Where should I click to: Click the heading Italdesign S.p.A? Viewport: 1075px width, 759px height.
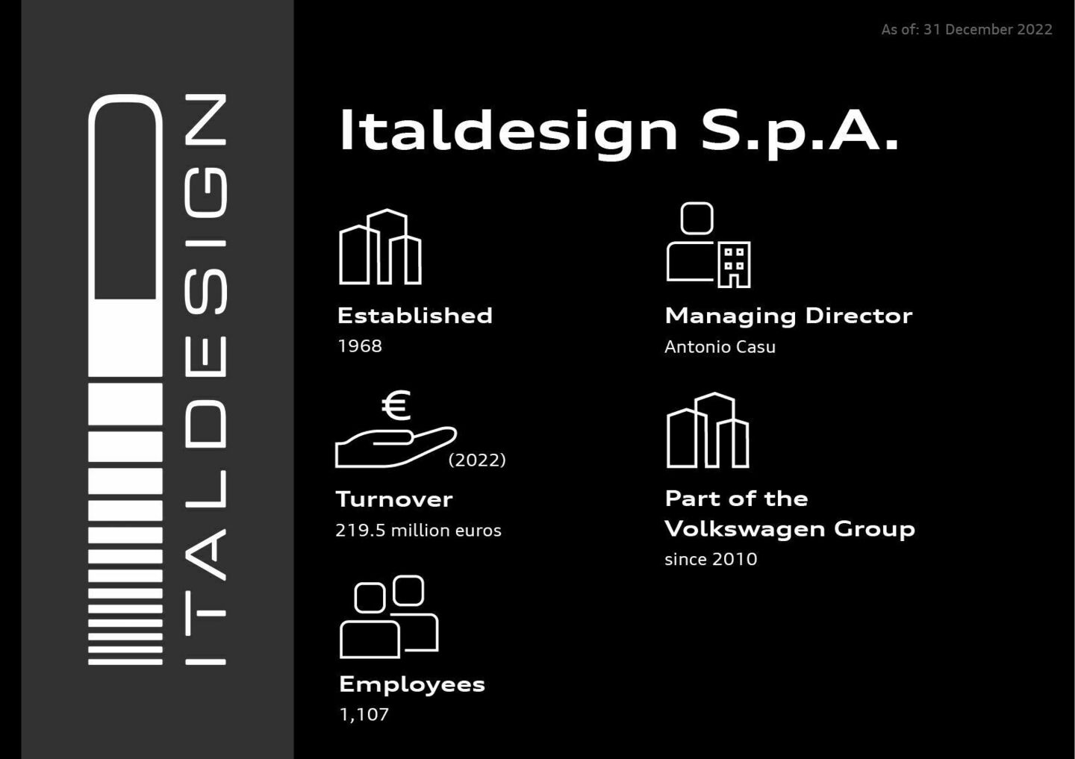pos(619,132)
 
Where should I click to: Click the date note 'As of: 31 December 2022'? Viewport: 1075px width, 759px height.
pos(966,30)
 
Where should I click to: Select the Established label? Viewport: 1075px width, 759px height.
pos(414,316)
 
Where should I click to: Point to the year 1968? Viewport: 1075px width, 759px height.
pos(359,346)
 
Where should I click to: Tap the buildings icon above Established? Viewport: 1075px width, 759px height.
pos(380,247)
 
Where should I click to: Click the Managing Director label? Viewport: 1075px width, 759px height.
pos(788,316)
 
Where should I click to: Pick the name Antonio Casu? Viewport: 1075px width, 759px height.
pos(720,347)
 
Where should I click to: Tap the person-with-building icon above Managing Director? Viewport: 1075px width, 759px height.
pos(708,246)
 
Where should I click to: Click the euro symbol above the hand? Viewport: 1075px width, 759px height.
pos(396,405)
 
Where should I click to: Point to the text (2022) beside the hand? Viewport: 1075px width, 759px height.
pos(477,460)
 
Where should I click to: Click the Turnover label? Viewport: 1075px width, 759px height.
pos(394,499)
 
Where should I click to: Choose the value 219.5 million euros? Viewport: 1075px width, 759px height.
pos(418,531)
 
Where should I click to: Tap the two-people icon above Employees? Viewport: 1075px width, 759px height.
pos(388,617)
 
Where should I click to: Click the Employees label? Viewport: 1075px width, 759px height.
pos(411,684)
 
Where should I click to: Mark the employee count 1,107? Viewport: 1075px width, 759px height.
pos(364,715)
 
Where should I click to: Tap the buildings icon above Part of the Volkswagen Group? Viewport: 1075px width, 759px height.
pos(707,431)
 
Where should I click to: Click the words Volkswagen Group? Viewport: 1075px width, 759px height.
pos(789,529)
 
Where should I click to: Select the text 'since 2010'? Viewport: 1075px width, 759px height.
pos(710,560)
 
